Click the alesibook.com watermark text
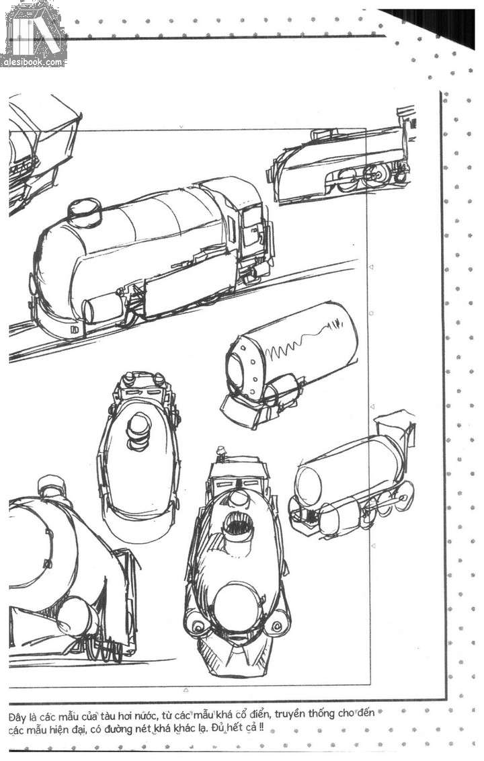[x=34, y=62]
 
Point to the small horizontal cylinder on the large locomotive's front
[x=101, y=309]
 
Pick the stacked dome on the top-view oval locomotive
[x=140, y=425]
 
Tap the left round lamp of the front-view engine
[x=199, y=626]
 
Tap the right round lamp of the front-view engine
[x=275, y=625]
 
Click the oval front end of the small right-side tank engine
[x=308, y=481]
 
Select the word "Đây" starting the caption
[x=18, y=715]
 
